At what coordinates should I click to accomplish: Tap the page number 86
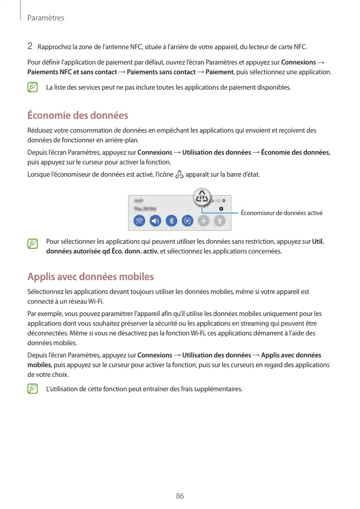coord(180,496)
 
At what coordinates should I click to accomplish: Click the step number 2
coord(30,47)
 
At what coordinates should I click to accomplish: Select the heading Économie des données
coord(77,115)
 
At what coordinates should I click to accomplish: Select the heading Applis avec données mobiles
coord(90,277)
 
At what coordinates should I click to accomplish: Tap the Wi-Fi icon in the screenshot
coord(139,221)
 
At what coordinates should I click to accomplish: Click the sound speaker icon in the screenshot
coord(155,221)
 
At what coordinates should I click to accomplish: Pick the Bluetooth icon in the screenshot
coord(172,221)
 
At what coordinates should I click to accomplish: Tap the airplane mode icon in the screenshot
coord(204,221)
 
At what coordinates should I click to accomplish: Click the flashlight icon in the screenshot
coord(219,221)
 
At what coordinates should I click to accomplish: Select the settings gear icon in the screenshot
coord(221,209)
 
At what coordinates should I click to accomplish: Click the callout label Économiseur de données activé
coord(281,213)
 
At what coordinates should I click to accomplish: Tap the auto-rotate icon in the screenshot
coord(187,221)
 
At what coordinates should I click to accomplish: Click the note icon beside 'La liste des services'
coord(33,88)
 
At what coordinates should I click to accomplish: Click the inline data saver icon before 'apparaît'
coord(179,175)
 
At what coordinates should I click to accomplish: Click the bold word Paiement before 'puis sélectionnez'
coord(219,72)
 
